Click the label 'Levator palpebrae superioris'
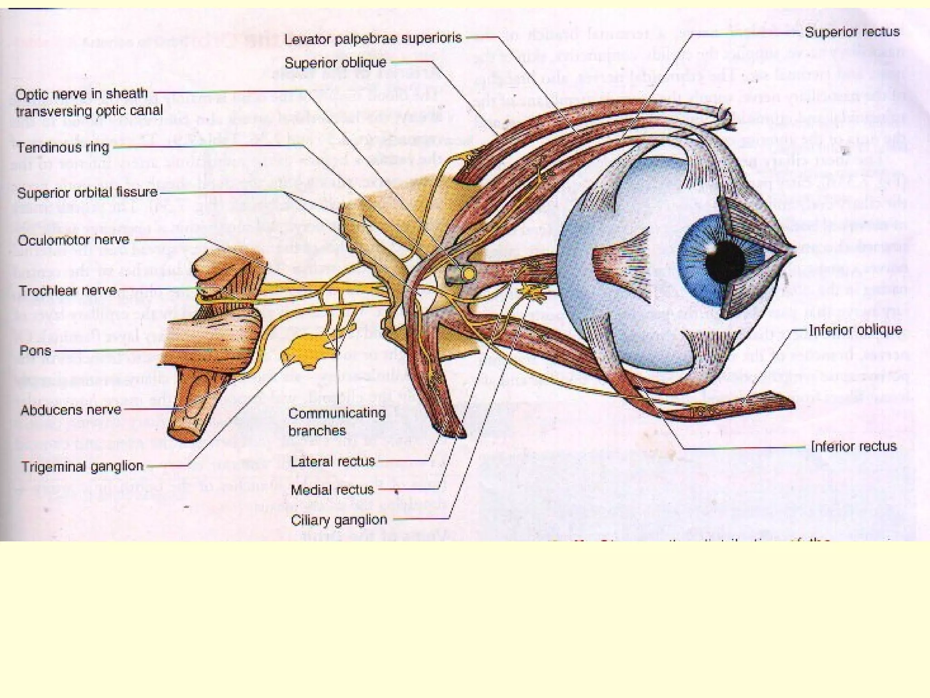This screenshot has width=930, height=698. [373, 38]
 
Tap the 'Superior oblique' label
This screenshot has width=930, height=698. [335, 62]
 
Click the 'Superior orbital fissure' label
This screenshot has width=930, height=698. [87, 193]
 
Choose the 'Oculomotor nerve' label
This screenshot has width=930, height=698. [74, 240]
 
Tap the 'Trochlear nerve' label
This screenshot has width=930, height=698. [68, 290]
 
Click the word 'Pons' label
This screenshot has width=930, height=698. [35, 351]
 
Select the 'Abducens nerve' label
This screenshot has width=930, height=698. [71, 410]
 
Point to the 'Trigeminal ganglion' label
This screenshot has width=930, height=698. [82, 466]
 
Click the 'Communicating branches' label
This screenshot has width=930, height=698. [337, 422]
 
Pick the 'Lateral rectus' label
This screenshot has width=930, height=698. [332, 461]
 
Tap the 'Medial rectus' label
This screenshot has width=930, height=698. [332, 490]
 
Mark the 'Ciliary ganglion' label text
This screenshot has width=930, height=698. [339, 520]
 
